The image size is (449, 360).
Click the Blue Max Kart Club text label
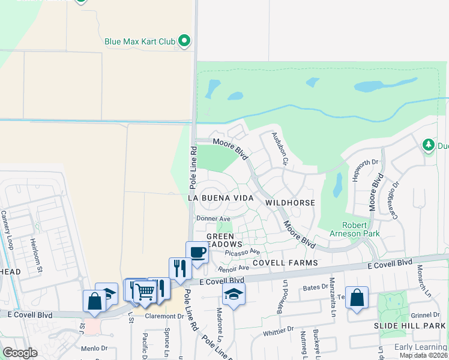[139, 41]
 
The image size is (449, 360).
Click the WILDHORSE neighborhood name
[290, 203]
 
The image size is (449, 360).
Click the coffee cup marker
[197, 253]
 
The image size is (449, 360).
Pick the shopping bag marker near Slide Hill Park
[357, 298]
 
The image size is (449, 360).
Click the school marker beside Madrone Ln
[233, 294]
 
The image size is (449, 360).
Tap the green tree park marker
[428, 145]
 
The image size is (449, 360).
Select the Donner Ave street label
[214, 219]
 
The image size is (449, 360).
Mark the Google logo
[20, 352]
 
